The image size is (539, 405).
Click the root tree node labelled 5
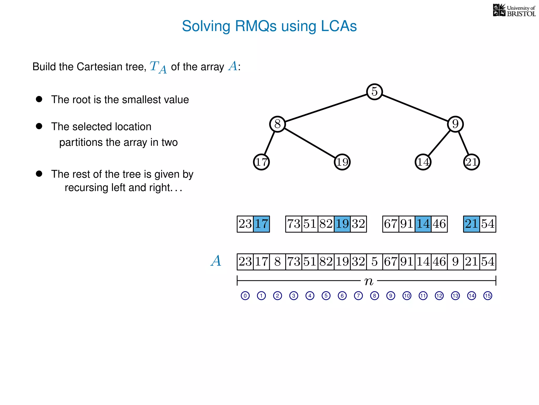(x=374, y=92)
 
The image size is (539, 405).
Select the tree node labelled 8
(x=277, y=124)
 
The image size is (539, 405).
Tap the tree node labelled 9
(x=455, y=124)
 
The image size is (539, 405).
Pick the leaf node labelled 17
(x=261, y=162)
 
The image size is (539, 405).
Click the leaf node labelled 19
(x=342, y=162)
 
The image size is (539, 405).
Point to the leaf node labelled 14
(x=423, y=162)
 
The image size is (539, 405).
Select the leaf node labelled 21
(x=471, y=162)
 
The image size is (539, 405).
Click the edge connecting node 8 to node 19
(x=310, y=143)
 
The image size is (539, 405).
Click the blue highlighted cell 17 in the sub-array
(x=261, y=224)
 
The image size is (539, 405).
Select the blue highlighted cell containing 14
(x=423, y=224)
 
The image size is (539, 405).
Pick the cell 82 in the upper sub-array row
(x=326, y=224)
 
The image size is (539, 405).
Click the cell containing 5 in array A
(x=374, y=262)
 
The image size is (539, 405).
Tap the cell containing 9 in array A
(x=455, y=262)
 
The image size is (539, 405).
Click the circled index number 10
(x=407, y=296)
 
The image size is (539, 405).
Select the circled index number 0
(x=245, y=296)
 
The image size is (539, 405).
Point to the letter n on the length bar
(x=369, y=281)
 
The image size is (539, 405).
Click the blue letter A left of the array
(x=216, y=261)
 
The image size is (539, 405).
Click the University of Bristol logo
(x=514, y=11)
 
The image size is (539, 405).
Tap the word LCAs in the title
(x=339, y=26)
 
